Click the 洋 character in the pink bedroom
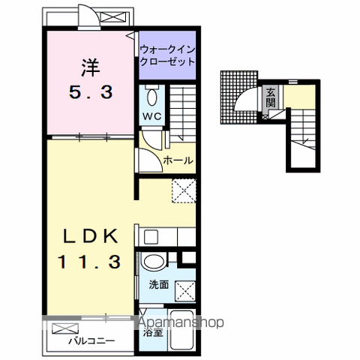point(91,67)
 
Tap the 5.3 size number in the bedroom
point(91,92)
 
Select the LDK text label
point(90,236)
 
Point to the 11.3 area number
point(89,262)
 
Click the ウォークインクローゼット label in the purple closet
point(167,55)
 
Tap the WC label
point(152,116)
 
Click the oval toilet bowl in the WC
point(152,97)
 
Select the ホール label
point(178,160)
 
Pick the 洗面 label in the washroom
point(159,284)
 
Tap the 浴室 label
point(153,332)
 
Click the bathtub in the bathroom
point(181,329)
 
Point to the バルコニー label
point(91,341)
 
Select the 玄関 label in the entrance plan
point(271,97)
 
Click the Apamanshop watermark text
point(181,322)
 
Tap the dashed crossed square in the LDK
point(184,190)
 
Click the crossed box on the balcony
point(65,328)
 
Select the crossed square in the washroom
point(185,291)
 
